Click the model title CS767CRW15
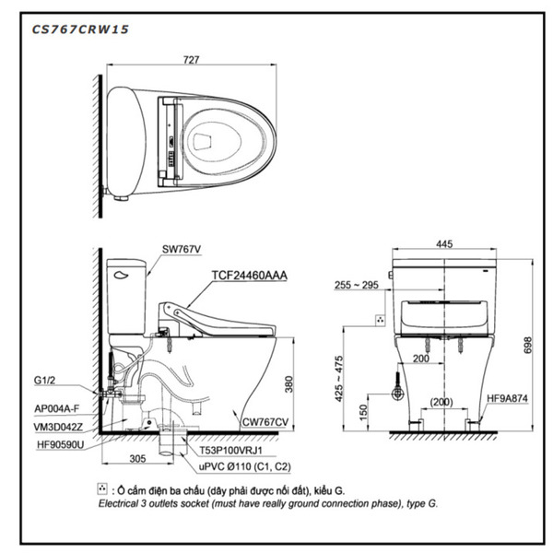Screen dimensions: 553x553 pos(80,29)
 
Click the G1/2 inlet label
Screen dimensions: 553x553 pos(46,378)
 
